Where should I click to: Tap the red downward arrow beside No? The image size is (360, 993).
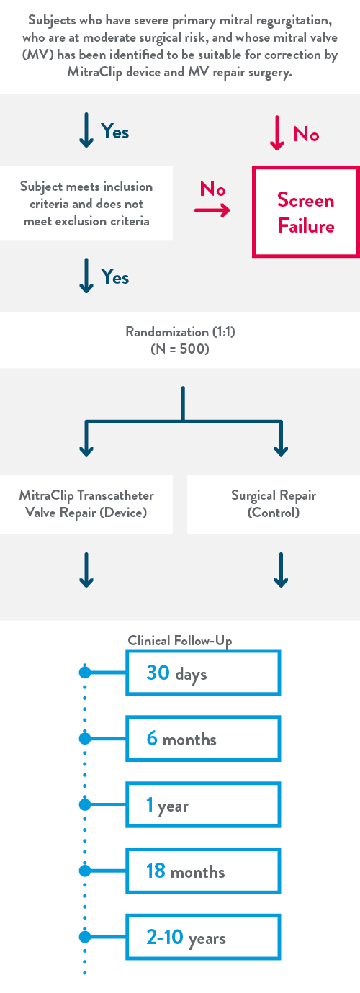click(277, 133)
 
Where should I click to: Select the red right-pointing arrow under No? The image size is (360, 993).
click(212, 210)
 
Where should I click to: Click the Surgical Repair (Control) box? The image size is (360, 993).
click(274, 505)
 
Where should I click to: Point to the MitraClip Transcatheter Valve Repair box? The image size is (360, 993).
click(86, 505)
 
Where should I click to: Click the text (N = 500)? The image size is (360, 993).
click(180, 349)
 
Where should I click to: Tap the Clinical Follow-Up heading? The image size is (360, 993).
click(179, 641)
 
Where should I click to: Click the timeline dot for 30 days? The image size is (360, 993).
click(85, 673)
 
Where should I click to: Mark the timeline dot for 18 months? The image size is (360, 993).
click(85, 871)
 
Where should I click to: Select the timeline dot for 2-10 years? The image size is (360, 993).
click(85, 937)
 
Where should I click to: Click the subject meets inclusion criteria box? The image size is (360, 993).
click(86, 204)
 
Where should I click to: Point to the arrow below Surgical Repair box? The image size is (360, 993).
click(281, 570)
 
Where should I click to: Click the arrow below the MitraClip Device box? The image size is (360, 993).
click(86, 570)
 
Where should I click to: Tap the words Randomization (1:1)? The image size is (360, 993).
click(180, 331)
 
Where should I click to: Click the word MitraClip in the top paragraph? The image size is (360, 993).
click(95, 72)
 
